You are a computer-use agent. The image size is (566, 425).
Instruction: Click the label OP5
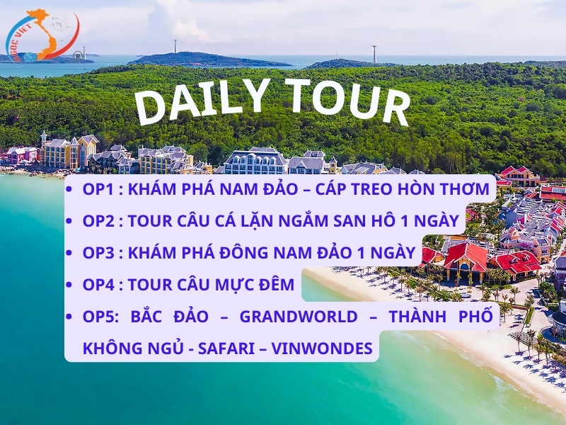tap(99, 316)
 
